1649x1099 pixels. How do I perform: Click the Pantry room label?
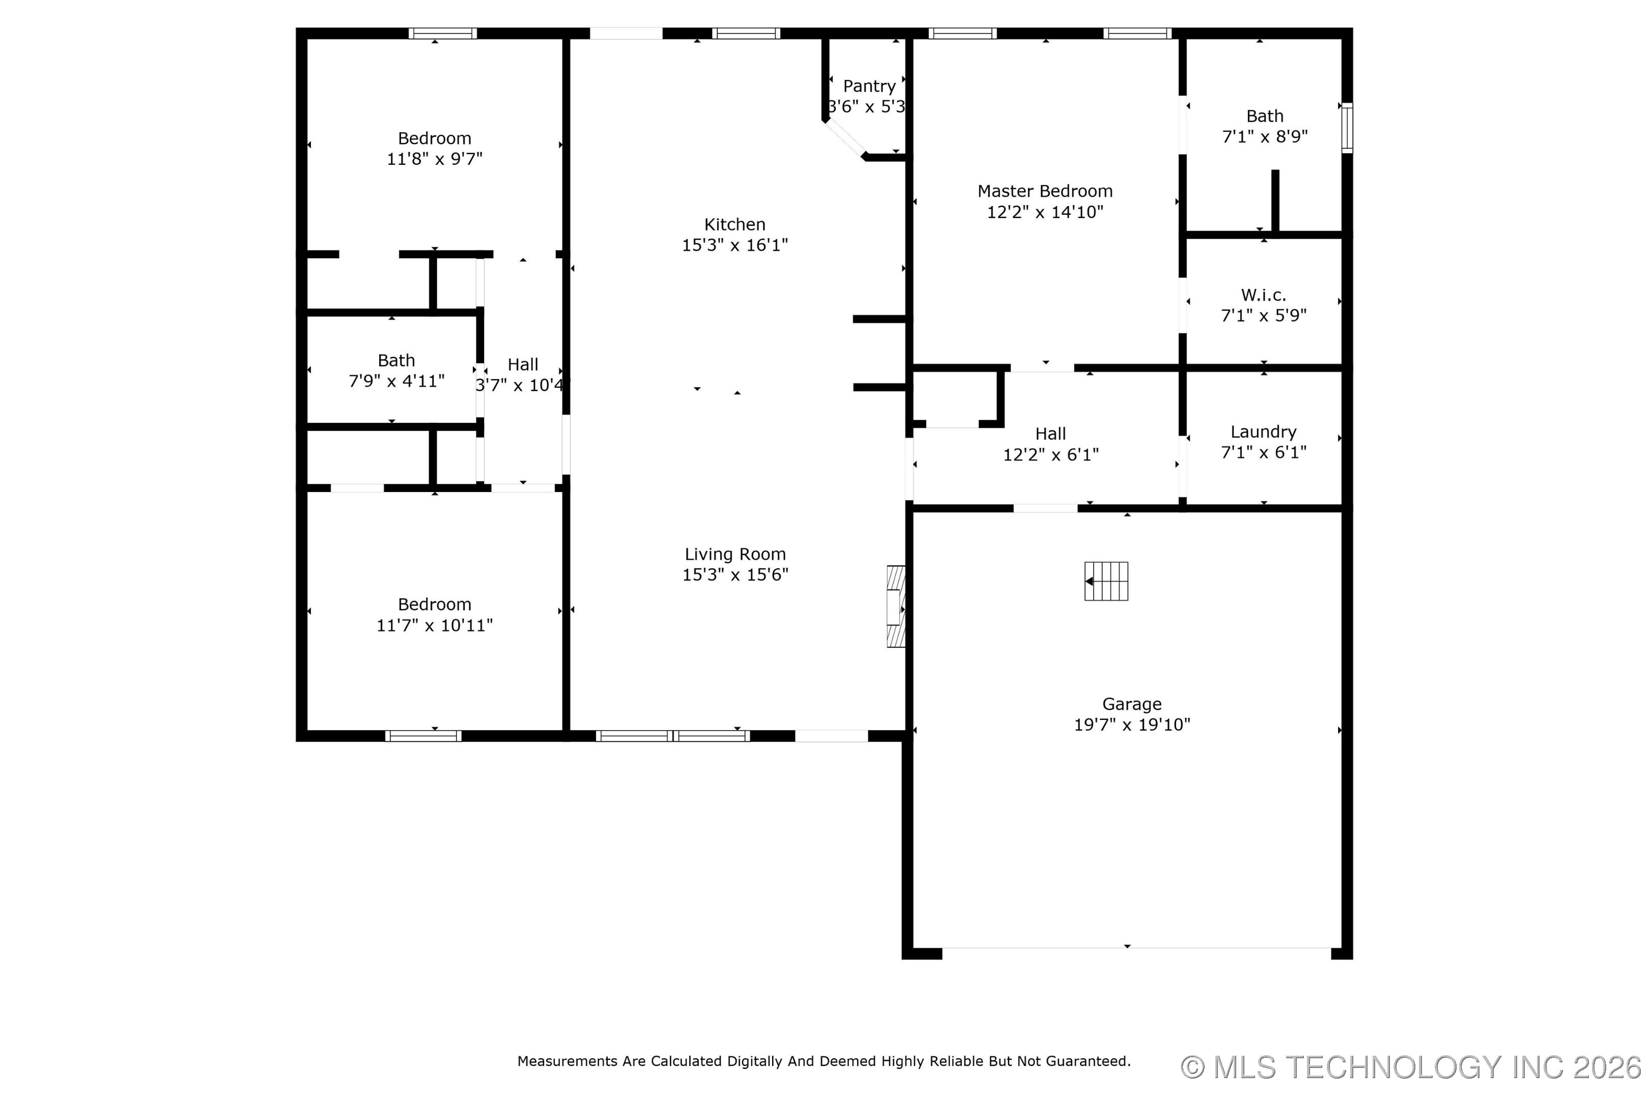point(869,86)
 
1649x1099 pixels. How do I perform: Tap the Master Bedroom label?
point(1045,191)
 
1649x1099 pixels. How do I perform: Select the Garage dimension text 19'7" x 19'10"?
point(1132,725)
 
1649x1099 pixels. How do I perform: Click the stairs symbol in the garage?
point(1106,581)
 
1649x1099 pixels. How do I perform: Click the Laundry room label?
point(1263,432)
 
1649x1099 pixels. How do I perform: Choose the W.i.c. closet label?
point(1263,295)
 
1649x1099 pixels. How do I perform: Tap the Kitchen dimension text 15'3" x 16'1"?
point(735,245)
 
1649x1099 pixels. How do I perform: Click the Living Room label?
point(735,555)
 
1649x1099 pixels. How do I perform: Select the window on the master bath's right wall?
point(1347,128)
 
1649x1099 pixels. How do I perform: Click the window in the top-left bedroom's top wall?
point(443,33)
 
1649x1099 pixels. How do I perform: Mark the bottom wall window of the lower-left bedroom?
point(423,736)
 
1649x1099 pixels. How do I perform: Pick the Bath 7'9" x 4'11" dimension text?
point(397,381)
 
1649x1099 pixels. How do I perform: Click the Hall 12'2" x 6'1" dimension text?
point(1051,455)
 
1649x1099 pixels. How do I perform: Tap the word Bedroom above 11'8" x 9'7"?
point(435,139)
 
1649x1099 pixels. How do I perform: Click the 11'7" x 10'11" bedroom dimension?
point(435,625)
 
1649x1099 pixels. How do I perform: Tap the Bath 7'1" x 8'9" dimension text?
point(1265,137)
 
